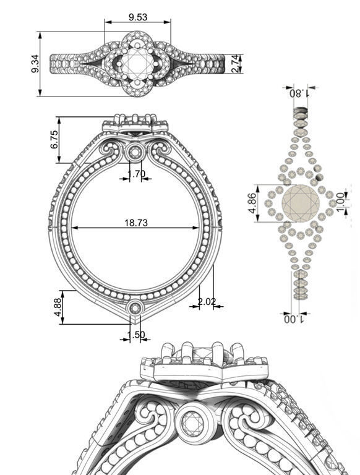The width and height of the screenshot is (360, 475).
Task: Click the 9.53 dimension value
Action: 138,17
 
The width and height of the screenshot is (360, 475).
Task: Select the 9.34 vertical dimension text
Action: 35,64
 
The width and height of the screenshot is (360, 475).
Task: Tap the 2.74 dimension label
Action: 236,64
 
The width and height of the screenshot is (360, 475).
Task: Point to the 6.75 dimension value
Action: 54,139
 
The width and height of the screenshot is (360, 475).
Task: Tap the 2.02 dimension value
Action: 207,301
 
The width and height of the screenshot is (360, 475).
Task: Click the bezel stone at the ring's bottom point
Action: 135,307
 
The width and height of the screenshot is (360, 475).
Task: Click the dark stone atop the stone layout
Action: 300,113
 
